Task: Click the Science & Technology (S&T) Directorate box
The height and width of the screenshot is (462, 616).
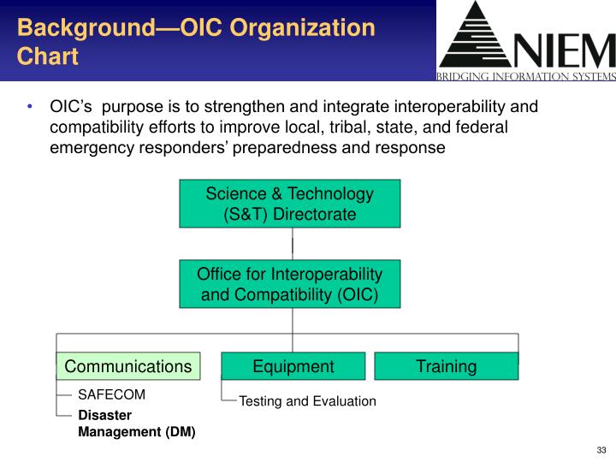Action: click(x=289, y=204)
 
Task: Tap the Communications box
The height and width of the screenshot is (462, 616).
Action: click(x=128, y=366)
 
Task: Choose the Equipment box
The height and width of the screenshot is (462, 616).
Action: click(x=293, y=366)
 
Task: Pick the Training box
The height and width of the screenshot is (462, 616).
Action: click(x=446, y=366)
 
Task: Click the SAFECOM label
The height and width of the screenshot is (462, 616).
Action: click(x=112, y=394)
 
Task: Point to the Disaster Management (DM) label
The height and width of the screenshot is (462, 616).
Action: click(x=137, y=423)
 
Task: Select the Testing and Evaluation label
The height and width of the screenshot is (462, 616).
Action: click(x=307, y=400)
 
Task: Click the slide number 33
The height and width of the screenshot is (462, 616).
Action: click(x=601, y=451)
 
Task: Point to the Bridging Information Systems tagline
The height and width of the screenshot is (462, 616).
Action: click(x=526, y=76)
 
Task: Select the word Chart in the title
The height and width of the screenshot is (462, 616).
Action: click(x=48, y=56)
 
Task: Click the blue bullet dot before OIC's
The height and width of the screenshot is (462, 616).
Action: click(x=30, y=107)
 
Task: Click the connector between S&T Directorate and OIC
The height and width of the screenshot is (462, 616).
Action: click(x=293, y=244)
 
